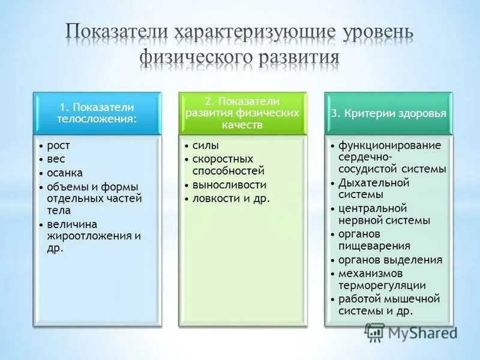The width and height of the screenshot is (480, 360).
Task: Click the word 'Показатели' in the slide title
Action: click(116, 32)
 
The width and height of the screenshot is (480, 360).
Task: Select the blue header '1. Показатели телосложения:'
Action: click(97, 113)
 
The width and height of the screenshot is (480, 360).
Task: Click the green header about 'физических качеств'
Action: click(242, 113)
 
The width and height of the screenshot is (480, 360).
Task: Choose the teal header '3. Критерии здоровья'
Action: click(388, 113)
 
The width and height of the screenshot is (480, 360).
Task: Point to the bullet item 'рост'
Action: click(59, 145)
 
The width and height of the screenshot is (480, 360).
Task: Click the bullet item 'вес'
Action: click(56, 159)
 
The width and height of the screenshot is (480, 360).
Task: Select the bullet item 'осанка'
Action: click(64, 173)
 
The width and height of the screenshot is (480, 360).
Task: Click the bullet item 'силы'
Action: click(206, 145)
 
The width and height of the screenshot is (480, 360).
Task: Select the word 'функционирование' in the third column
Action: click(389, 145)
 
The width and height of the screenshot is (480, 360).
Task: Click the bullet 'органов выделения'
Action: click(390, 260)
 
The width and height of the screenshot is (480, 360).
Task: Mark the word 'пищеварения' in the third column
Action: click(374, 245)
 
